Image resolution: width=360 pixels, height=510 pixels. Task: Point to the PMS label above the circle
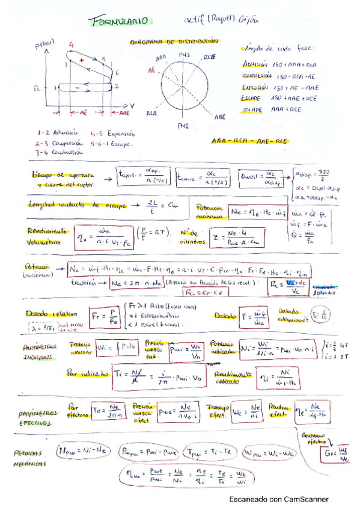pos(184,55)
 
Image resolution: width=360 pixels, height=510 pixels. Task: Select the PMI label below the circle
pos(183,126)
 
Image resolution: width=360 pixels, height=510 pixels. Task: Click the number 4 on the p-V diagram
pos(72,45)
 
